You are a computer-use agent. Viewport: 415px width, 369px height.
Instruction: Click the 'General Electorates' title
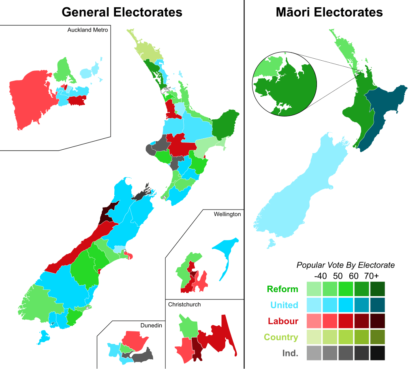tap(122, 12)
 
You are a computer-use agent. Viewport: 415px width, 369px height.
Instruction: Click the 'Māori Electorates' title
tap(329, 12)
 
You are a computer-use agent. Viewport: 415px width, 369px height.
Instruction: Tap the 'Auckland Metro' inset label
tap(88, 30)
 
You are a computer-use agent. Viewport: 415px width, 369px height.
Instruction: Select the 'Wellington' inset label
tap(227, 214)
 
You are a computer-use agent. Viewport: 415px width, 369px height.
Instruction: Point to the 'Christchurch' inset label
tap(184, 304)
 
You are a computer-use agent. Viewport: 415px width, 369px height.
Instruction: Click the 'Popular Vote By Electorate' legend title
tap(345, 265)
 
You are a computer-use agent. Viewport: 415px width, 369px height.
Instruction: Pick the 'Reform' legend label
tap(282, 289)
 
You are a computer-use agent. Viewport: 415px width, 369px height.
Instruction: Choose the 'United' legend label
tap(284, 305)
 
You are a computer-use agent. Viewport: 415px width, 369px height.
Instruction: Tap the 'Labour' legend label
tap(283, 321)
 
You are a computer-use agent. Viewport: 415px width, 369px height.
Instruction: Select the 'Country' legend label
tap(281, 337)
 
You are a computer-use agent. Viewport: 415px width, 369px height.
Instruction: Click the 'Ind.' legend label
tap(290, 353)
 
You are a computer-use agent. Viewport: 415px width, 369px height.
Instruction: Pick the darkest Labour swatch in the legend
tap(377, 321)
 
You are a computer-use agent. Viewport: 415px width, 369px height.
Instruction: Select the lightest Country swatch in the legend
tap(314, 337)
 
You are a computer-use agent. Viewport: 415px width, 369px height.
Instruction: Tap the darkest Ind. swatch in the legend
tap(377, 353)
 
